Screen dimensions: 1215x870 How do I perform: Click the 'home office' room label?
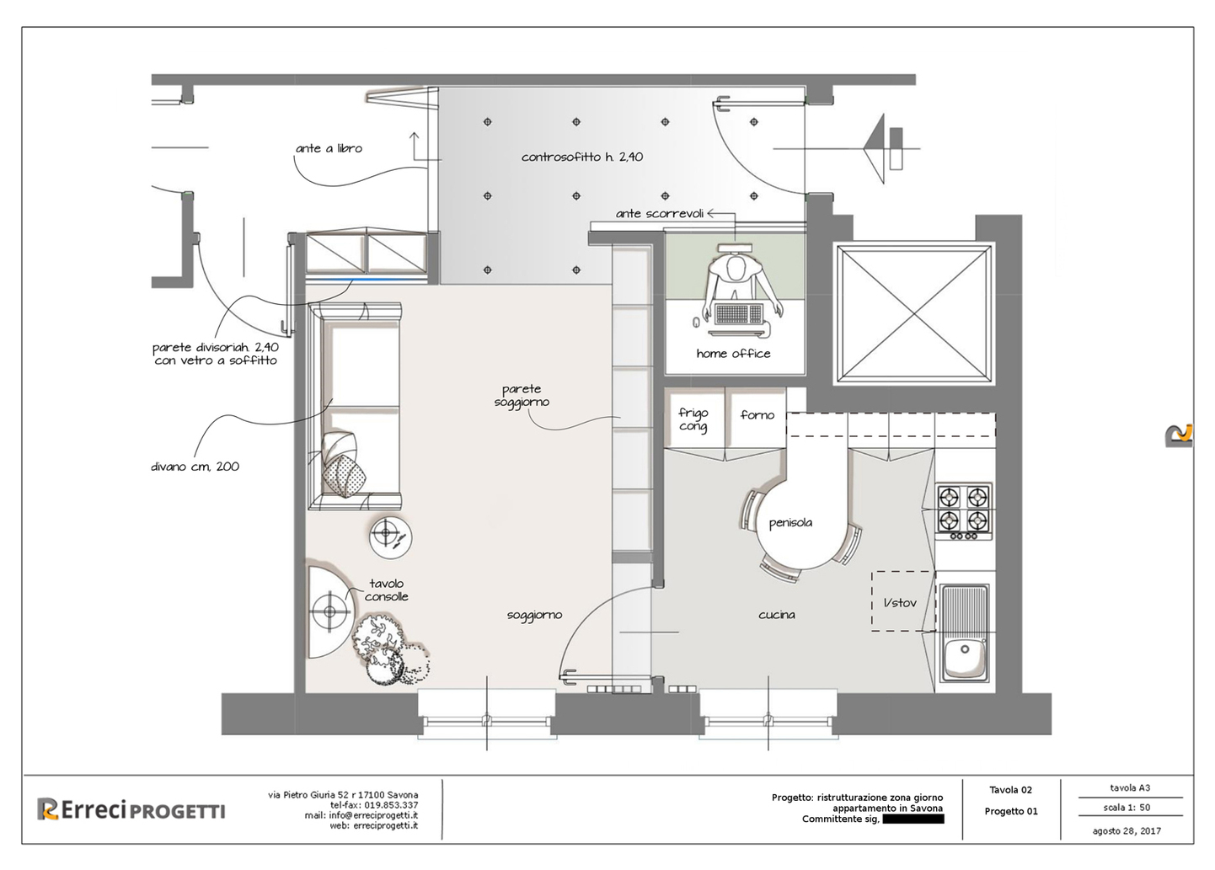[x=733, y=354]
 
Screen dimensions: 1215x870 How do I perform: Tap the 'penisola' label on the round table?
[x=790, y=523]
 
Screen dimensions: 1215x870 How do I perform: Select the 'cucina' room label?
[x=777, y=615]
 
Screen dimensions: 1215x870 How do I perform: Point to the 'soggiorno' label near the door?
[x=534, y=616]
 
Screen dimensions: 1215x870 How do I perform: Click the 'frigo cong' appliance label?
[x=693, y=419]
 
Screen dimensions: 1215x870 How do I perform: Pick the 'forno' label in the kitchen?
[x=757, y=414]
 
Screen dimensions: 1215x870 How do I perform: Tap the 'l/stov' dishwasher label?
[x=901, y=602]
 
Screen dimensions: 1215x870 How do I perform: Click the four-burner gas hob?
[x=964, y=512]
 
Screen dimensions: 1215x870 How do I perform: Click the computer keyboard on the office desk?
[x=739, y=312]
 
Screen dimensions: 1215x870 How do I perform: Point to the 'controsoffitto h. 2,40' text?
[x=582, y=157]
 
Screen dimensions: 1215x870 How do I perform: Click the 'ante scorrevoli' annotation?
[x=660, y=214]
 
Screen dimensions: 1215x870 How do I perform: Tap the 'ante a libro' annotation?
[x=329, y=148]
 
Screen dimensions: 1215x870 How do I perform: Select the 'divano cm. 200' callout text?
[x=195, y=467]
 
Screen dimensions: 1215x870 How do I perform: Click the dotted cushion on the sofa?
[x=344, y=475]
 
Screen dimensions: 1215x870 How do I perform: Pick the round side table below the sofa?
[x=391, y=537]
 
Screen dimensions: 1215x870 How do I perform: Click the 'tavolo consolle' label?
[x=386, y=590]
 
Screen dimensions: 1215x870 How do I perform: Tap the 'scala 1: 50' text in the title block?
[x=1127, y=808]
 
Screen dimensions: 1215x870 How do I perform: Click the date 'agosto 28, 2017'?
[x=1127, y=831]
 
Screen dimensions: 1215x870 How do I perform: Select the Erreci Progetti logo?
[x=131, y=810]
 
